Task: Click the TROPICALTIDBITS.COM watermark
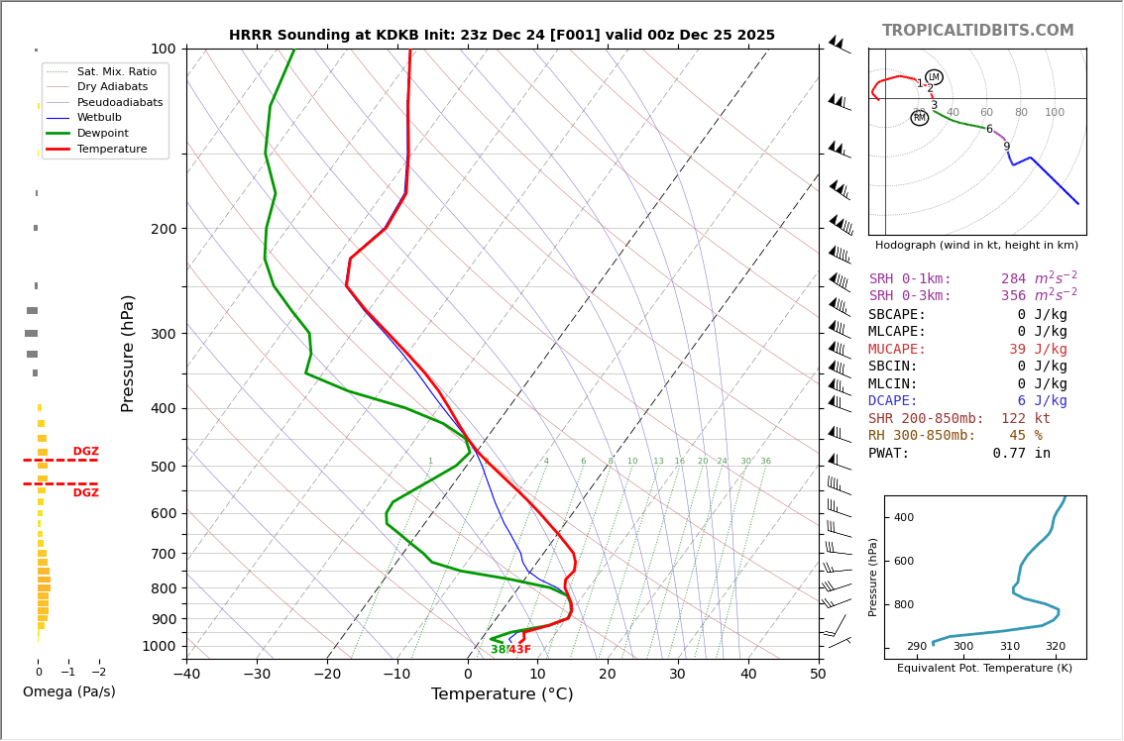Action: (x=977, y=31)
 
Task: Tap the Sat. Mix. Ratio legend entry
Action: (x=116, y=71)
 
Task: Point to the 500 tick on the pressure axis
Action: (x=164, y=467)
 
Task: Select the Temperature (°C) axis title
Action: (x=502, y=694)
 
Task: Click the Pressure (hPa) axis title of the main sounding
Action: (x=129, y=353)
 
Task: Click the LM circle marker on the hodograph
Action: (x=934, y=77)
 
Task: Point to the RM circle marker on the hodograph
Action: (x=920, y=118)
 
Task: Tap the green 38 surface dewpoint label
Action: (x=498, y=650)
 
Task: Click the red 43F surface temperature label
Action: (x=519, y=650)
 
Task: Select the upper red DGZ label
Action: (x=85, y=452)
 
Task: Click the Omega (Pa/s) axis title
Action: (x=69, y=691)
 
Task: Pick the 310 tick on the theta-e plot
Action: (x=1009, y=647)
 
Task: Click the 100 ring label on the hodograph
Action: (x=1055, y=113)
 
